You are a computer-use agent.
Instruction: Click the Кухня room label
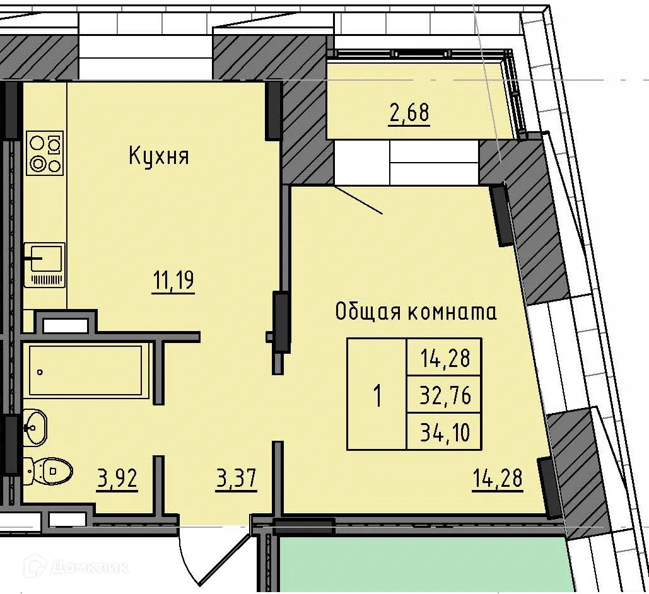(158, 155)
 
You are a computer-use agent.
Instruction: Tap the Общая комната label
(415, 311)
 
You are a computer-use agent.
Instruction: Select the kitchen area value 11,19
(173, 280)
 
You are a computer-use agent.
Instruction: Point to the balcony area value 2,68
(409, 114)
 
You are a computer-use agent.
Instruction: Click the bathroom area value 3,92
(117, 479)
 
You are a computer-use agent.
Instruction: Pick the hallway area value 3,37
(236, 479)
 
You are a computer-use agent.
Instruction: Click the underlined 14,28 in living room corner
(497, 479)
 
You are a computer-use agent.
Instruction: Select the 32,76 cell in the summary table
(445, 396)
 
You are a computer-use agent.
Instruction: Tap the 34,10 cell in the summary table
(445, 433)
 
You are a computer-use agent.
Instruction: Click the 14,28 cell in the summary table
(445, 358)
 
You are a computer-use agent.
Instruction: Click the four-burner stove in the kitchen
(45, 153)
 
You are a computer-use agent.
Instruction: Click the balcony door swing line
(358, 200)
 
